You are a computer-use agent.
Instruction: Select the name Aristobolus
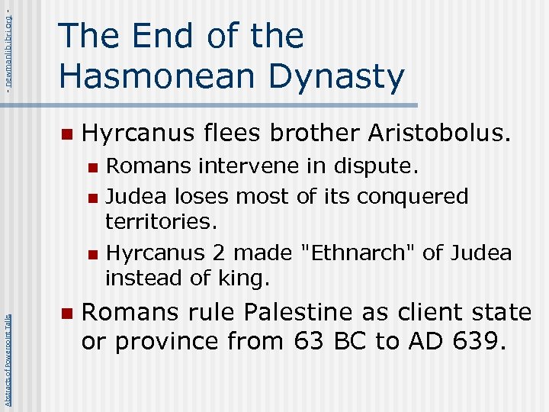439,134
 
